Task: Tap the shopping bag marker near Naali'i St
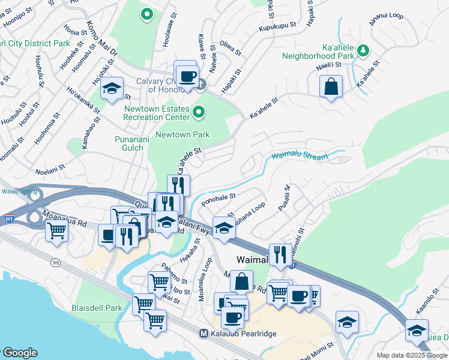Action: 331,87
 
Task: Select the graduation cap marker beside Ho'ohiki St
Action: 112,89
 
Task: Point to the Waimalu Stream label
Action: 300,157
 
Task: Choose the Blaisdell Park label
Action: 97,308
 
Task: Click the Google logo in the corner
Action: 19,353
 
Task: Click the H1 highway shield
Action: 8,219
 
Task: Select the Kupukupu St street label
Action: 277,26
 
